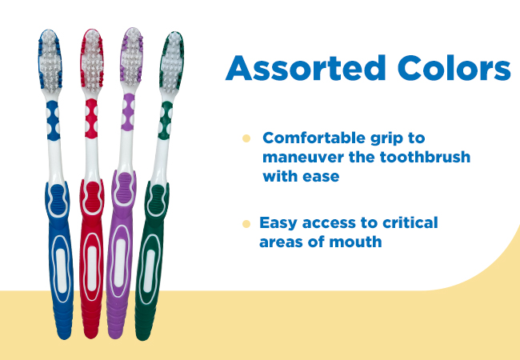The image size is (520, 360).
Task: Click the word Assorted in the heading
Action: pyautogui.click(x=305, y=68)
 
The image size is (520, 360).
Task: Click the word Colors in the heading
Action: pyautogui.click(x=454, y=68)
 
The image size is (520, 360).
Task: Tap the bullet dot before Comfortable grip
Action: pyautogui.click(x=246, y=138)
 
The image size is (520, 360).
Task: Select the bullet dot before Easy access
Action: pyautogui.click(x=246, y=224)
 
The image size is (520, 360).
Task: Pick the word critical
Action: pyautogui.click(x=410, y=222)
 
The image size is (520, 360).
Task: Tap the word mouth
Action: pyautogui.click(x=355, y=242)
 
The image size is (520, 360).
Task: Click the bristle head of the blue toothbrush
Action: pyautogui.click(x=50, y=62)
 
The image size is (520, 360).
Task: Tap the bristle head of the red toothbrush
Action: pyautogui.click(x=92, y=60)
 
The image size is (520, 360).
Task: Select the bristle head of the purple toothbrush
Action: pyautogui.click(x=132, y=56)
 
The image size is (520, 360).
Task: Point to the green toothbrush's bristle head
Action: pyautogui.click(x=171, y=62)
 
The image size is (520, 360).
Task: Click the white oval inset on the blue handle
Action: pyautogui.click(x=61, y=270)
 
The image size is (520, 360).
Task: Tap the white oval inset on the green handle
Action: pyautogui.click(x=149, y=271)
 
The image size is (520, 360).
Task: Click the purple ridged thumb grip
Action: pyautogui.click(x=124, y=188)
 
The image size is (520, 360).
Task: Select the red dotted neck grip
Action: pyautogui.click(x=91, y=118)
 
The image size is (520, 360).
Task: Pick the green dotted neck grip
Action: pyautogui.click(x=165, y=120)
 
